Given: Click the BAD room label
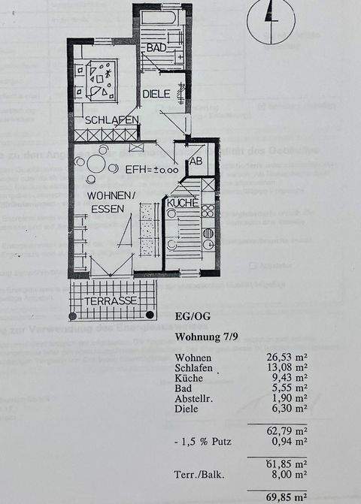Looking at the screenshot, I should coord(156,47).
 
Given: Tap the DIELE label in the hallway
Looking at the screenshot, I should coord(156,94).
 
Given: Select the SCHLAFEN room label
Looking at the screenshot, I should coord(111,120).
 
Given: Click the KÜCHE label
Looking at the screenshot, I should coord(182,203).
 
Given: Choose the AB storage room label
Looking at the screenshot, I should coord(196,161).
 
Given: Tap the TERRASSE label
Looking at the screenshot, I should coord(111,300).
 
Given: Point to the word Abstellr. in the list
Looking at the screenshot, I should coord(195,399).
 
